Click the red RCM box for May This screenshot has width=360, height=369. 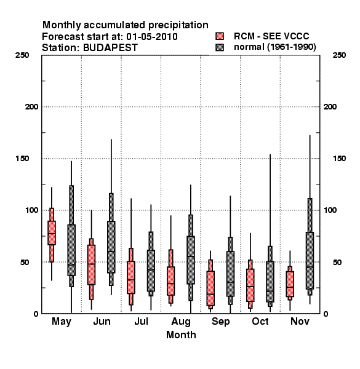point(52,232)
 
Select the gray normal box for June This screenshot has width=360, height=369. point(111,247)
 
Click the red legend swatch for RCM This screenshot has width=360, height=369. point(220,36)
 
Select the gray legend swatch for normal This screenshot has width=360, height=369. point(220,47)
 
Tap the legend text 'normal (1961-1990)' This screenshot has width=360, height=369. point(274,47)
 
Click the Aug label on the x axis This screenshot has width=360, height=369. point(181,322)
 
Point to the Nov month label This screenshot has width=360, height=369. point(300,321)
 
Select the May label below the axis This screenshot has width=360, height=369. point(62,322)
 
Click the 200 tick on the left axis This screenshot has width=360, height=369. point(31,107)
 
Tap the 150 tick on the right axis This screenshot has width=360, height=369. point(339,159)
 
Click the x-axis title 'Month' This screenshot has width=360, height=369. point(181,335)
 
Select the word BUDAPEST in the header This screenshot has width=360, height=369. point(110,48)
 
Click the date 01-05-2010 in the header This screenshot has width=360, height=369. point(152,37)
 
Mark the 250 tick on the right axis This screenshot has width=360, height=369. point(339,55)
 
